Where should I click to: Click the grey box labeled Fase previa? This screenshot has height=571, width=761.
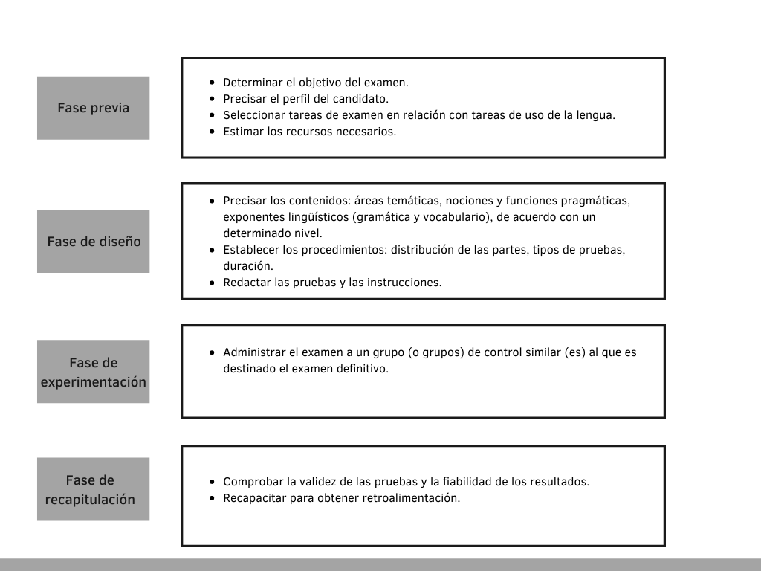(x=93, y=108)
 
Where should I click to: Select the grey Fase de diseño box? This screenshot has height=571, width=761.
(x=93, y=241)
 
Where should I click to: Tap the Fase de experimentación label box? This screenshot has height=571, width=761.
(x=93, y=372)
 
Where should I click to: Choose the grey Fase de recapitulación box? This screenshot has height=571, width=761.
(x=93, y=489)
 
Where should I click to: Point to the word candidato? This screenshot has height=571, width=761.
(x=363, y=99)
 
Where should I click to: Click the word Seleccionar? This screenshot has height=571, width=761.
(x=253, y=115)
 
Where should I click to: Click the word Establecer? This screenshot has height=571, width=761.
(x=250, y=250)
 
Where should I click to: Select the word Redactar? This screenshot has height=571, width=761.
(x=247, y=283)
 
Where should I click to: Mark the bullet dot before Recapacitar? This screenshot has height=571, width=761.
(x=213, y=498)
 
